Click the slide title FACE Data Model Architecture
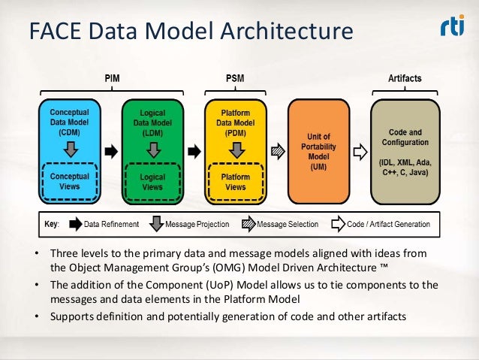click(x=190, y=32)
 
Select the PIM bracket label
click(x=110, y=77)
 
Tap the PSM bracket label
click(x=234, y=77)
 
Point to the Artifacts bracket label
click(x=404, y=77)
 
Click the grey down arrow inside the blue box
click(x=69, y=149)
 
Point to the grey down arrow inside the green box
click(x=152, y=149)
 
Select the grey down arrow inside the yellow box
click(x=234, y=149)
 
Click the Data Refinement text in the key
click(x=112, y=224)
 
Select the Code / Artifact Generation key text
click(x=393, y=224)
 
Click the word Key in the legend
click(x=51, y=224)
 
